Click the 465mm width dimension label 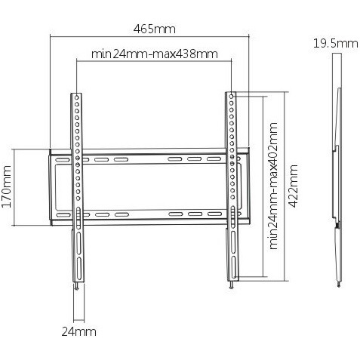point(154,29)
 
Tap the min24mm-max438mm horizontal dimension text point(155,54)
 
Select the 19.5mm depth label point(335,44)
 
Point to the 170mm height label point(7,186)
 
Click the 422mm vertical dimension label point(293,186)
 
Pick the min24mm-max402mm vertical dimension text point(273,186)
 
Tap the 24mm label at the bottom point(79,332)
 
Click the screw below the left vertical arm point(76,287)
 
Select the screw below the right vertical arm point(231,285)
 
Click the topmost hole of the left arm point(77,97)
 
